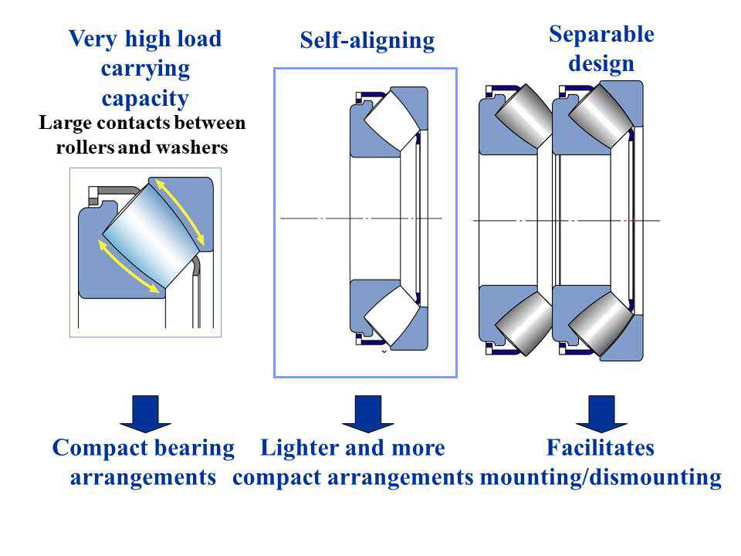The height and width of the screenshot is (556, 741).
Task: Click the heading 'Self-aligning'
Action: point(367,40)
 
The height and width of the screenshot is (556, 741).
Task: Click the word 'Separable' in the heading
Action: point(601,34)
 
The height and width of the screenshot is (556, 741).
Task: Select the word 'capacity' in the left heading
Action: point(145,98)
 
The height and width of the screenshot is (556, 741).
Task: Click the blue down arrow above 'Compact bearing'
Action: point(145,413)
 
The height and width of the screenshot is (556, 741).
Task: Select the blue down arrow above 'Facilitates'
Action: point(601,413)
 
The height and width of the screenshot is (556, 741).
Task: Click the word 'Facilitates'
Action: point(601,448)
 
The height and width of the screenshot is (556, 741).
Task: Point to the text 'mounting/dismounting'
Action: point(601,477)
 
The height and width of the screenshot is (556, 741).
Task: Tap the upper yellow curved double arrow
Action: point(181,209)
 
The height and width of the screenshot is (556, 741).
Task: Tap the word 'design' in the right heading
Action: point(601,63)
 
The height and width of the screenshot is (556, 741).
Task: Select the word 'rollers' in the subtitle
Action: point(83,147)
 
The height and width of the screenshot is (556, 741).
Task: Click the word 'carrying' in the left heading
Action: point(145,69)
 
